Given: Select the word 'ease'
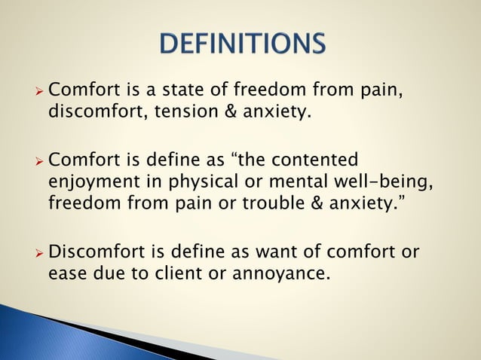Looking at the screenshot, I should [67, 273].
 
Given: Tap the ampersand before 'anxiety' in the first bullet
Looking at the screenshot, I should [241, 112].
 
